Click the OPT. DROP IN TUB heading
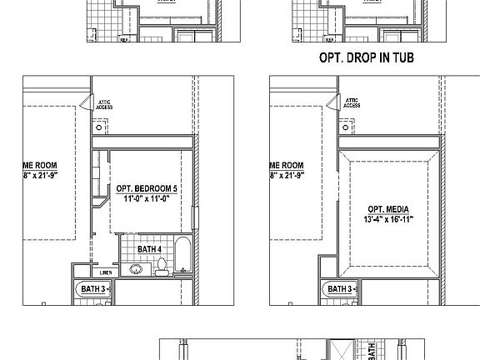(367, 59)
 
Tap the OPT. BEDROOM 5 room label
(147, 189)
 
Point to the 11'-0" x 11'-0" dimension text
(147, 199)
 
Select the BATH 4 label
(149, 247)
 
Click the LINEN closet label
(106, 272)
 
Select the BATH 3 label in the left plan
(92, 289)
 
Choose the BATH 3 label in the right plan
(340, 289)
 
